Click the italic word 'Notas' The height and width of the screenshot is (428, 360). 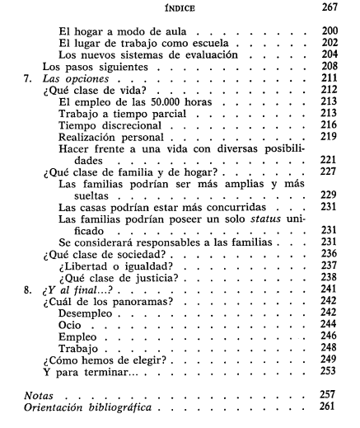(42, 396)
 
